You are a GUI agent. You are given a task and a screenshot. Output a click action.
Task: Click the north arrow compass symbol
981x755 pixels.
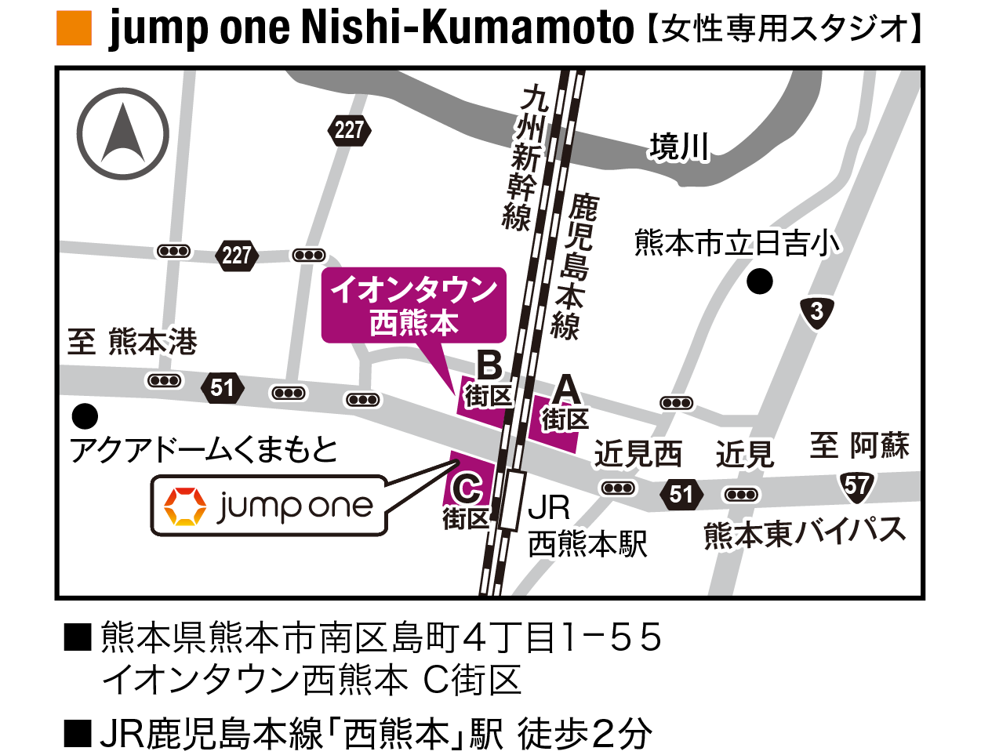coord(123,133)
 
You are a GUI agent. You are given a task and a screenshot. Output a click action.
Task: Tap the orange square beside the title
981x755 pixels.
coord(74,29)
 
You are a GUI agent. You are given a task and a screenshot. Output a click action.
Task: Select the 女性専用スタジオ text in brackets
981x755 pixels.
coord(784,30)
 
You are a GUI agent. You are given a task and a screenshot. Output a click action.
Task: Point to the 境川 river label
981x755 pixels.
coord(679,147)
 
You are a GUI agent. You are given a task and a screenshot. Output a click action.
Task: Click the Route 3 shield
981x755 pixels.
coord(817,312)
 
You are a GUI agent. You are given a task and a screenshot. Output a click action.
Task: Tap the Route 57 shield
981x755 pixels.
coord(856,487)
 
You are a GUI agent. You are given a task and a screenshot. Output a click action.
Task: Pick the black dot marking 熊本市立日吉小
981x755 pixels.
coord(759,281)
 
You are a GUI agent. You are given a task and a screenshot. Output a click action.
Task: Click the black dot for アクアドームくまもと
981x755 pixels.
coord(85,416)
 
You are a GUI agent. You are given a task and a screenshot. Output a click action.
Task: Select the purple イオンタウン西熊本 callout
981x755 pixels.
coord(414,306)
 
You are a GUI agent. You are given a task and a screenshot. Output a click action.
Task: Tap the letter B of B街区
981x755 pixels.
coord(489,365)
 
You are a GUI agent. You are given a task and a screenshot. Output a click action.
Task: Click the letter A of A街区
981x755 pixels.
coord(566,390)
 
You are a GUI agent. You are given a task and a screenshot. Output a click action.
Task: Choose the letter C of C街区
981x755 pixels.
coord(467,489)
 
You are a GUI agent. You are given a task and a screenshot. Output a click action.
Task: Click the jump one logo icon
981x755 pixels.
coord(185,506)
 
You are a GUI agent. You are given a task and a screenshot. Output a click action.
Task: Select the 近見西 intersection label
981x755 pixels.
coord(638,454)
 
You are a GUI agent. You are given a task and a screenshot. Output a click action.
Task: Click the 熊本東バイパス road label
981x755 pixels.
coord(805,533)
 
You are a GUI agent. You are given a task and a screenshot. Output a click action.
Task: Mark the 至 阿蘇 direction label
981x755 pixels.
coord(859,446)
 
